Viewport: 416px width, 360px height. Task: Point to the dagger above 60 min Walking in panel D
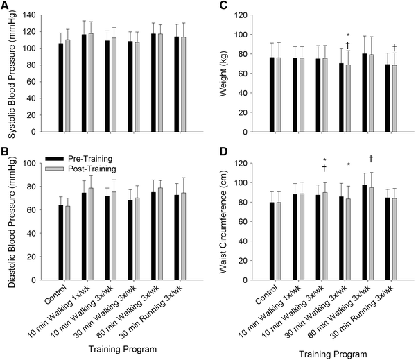click(x=372, y=158)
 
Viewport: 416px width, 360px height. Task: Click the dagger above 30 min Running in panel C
click(x=395, y=48)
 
